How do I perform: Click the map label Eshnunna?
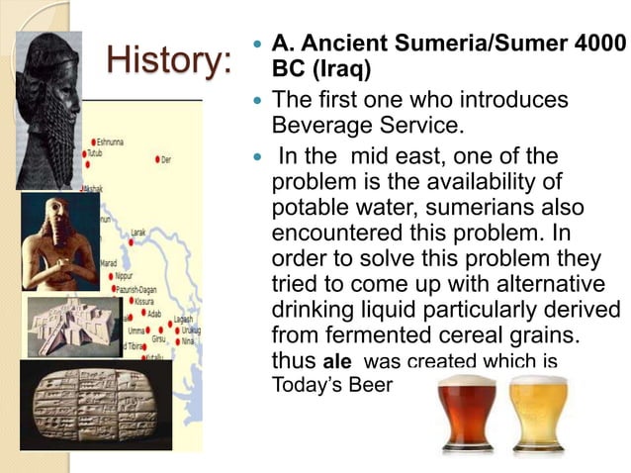coord(112,142)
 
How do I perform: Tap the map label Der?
coord(167,159)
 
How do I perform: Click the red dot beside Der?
coord(156,159)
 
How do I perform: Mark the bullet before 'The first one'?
coord(255,101)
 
